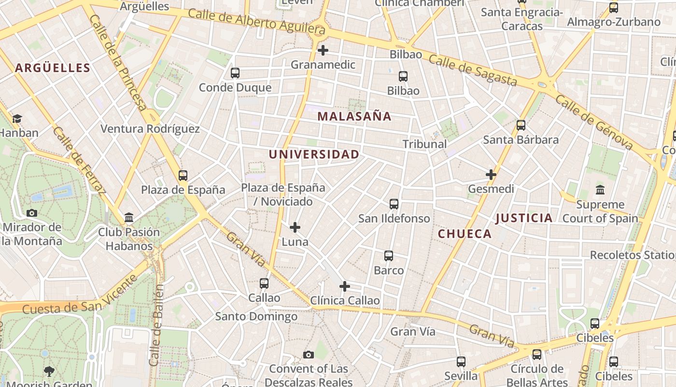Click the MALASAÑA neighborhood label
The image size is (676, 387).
[x=354, y=117]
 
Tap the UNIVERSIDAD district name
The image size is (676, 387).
[x=314, y=154]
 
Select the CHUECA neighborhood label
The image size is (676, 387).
[x=465, y=234]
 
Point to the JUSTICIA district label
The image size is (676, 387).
[x=524, y=218]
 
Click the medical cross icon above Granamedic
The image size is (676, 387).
[x=323, y=50]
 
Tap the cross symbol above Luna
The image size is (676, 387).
[x=295, y=227]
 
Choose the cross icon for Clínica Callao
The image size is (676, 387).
[x=345, y=286]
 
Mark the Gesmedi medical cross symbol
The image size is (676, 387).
[x=491, y=175]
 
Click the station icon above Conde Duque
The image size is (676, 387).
[x=235, y=73]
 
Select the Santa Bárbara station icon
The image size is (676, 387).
[x=521, y=125]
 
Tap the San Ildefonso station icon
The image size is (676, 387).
[x=394, y=204]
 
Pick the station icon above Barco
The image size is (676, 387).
[x=389, y=256]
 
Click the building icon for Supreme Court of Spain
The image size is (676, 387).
[x=600, y=190]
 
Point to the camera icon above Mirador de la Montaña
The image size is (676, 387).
[x=32, y=213]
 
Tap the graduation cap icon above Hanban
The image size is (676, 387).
[x=17, y=119]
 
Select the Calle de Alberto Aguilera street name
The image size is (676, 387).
[x=256, y=22]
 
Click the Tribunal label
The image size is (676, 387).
[x=424, y=144]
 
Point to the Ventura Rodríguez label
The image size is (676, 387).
[x=150, y=129]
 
